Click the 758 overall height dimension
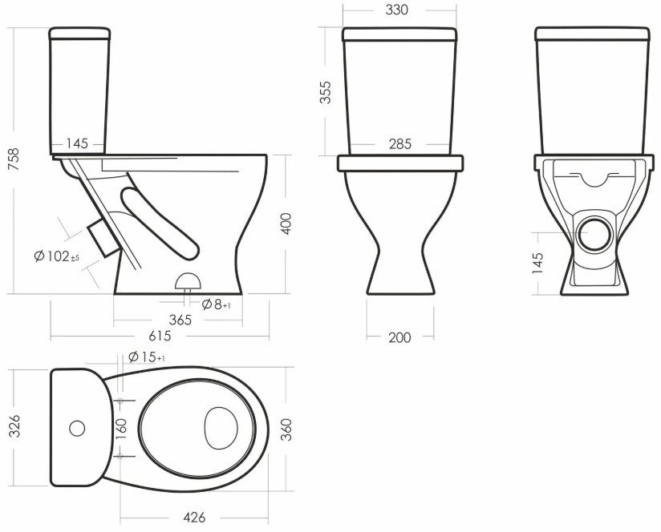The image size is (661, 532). pyautogui.click(x=14, y=159)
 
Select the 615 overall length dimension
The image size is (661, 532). pyautogui.click(x=160, y=336)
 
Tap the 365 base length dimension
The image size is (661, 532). pyautogui.click(x=180, y=320)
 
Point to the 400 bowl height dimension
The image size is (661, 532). pyautogui.click(x=286, y=224)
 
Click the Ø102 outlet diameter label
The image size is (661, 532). pyautogui.click(x=56, y=256)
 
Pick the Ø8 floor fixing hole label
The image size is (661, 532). pyautogui.click(x=216, y=304)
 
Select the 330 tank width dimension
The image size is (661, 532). pyautogui.click(x=397, y=10)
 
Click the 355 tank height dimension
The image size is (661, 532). pyautogui.click(x=326, y=92)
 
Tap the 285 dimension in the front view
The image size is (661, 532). pyautogui.click(x=399, y=144)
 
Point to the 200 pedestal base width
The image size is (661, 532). pyautogui.click(x=399, y=337)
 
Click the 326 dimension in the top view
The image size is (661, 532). pyautogui.click(x=14, y=426)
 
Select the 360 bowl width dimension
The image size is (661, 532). pyautogui.click(x=286, y=429)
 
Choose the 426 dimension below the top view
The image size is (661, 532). pyautogui.click(x=194, y=518)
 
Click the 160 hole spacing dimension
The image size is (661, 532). pyautogui.click(x=121, y=429)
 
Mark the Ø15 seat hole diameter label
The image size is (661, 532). pyautogui.click(x=146, y=357)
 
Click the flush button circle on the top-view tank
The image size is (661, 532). pyautogui.click(x=77, y=429)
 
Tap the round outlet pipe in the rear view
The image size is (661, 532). pyautogui.click(x=594, y=235)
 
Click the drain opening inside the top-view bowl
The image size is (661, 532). pyautogui.click(x=221, y=428)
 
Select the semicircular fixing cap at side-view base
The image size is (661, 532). pyautogui.click(x=188, y=281)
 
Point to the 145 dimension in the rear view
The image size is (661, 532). pyautogui.click(x=537, y=263)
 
